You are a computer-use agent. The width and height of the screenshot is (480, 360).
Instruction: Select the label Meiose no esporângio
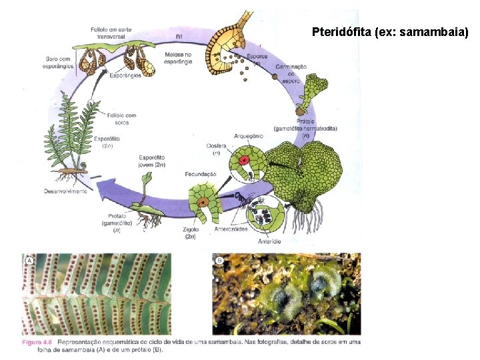coord(179,57)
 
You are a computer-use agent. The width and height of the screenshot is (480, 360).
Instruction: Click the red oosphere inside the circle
coord(245,160)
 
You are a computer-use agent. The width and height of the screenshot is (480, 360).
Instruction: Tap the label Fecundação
coord(201,173)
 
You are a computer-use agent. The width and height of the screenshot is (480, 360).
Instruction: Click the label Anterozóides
coord(231,229)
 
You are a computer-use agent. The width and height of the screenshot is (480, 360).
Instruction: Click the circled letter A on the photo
coord(29,261)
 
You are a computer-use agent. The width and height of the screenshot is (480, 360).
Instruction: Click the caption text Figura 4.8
coord(37,343)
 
